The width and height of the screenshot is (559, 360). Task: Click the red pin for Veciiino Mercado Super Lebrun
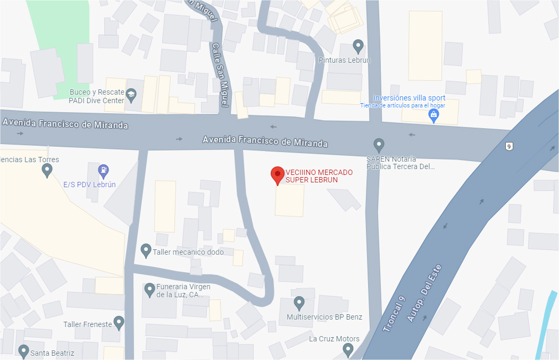pos(277,175)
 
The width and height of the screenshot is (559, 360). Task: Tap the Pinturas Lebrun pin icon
pos(358,47)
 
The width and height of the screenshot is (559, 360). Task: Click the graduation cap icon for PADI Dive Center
pos(131,96)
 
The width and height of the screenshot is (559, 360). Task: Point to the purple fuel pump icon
pos(104,171)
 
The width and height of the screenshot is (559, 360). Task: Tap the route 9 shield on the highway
pos(509,146)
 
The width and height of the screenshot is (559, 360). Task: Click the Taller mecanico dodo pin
pos(146,250)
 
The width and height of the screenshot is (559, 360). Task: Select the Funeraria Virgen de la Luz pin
pos(149,289)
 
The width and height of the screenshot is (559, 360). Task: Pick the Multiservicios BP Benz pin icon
pos(299,303)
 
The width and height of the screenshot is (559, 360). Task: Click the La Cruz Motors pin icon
pos(348,349)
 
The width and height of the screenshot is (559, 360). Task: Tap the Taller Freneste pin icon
pos(119,322)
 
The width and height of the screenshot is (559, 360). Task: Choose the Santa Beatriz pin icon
pos(23,350)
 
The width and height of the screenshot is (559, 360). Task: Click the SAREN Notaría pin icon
pos(379,144)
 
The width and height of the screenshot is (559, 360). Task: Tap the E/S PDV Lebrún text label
pos(89,185)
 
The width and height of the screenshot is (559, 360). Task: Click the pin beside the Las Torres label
pos(47,170)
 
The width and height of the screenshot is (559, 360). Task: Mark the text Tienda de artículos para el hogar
pos(403,105)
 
